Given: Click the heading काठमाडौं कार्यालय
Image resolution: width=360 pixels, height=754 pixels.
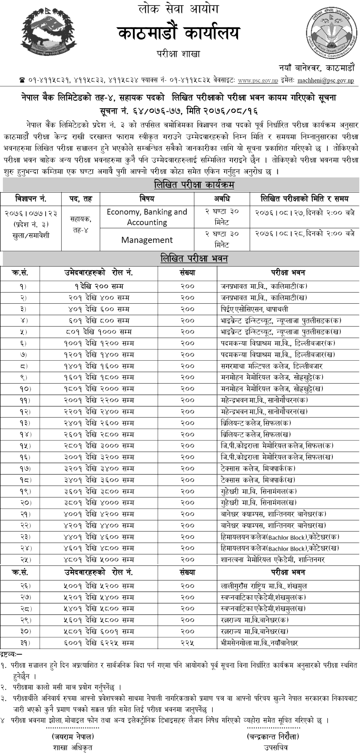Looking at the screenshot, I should coord(178,35).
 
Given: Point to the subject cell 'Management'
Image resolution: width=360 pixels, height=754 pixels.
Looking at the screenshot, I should coord(147,240).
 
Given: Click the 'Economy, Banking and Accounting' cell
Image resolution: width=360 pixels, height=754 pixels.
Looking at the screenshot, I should coord(147,217).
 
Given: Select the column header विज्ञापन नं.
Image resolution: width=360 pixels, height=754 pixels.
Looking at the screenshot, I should coord(31,198).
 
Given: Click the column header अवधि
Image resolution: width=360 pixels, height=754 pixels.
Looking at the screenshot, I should coord(222,198).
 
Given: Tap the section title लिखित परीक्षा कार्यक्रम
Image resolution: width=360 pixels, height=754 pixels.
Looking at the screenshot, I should coord(194,185).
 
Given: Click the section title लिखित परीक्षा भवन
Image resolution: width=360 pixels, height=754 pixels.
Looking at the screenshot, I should coord(194,258).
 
